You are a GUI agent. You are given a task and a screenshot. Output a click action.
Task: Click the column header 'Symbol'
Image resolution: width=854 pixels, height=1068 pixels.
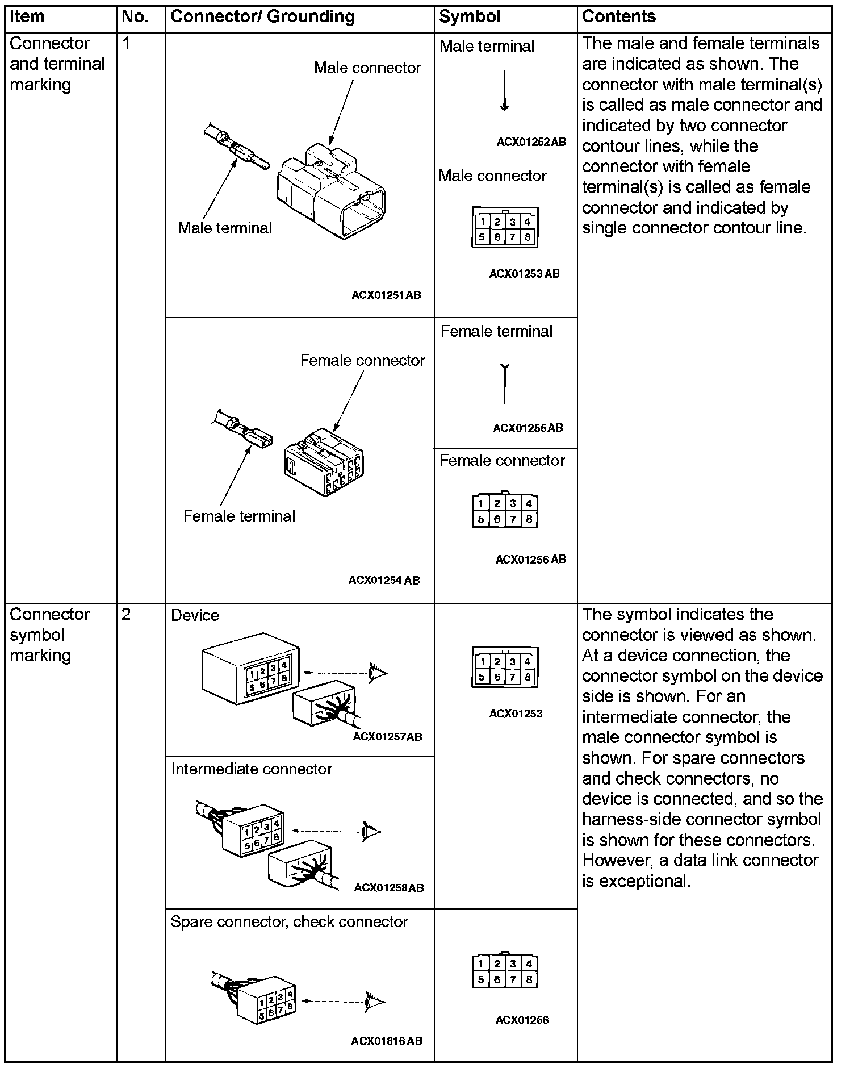tap(470, 17)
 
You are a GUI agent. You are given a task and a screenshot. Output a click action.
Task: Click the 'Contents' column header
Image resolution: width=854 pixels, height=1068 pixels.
tap(618, 17)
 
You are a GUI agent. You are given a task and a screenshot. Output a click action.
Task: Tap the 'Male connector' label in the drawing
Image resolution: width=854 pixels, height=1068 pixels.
tap(367, 68)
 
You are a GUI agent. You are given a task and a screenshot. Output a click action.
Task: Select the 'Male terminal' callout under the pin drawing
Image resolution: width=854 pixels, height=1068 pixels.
tap(225, 228)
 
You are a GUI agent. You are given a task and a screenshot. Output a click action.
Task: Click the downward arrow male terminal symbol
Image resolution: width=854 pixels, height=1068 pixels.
tap(504, 91)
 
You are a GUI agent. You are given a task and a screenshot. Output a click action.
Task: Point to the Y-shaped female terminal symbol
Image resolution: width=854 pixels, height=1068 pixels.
tap(504, 383)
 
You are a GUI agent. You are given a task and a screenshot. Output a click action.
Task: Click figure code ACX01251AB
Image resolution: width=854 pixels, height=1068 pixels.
tap(386, 295)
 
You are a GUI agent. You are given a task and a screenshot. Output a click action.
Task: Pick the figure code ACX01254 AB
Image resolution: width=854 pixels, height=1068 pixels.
tap(384, 580)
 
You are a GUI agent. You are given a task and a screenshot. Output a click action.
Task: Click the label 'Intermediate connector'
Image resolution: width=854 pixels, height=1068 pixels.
tap(251, 769)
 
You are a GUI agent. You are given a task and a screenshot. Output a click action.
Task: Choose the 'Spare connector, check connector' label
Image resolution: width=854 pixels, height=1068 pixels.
tap(289, 921)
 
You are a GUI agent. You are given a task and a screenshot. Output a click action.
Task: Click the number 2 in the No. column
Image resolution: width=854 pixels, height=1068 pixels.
tap(126, 614)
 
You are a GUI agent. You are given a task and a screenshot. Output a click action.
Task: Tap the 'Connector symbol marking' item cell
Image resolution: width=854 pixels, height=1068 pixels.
tap(49, 635)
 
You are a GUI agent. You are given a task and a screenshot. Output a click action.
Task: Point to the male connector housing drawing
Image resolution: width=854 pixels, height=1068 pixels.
tap(334, 190)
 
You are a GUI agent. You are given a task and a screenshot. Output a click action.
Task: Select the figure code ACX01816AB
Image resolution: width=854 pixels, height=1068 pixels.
tap(386, 1041)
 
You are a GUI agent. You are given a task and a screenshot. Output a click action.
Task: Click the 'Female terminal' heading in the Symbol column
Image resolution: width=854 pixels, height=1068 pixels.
tap(496, 331)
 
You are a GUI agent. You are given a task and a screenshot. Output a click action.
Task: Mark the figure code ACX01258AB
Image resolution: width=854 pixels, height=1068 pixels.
tap(388, 887)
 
